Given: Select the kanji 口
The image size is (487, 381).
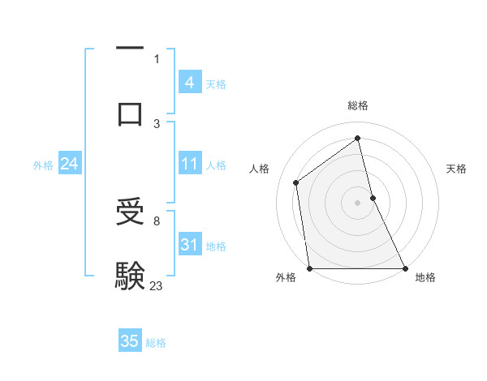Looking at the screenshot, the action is pyautogui.click(x=130, y=113).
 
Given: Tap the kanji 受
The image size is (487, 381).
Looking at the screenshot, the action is pyautogui.click(x=130, y=212).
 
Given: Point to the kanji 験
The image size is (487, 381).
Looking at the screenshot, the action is pyautogui.click(x=130, y=276).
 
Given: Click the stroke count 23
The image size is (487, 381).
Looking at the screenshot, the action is pyautogui.click(x=156, y=285).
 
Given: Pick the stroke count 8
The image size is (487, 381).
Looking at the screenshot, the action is pyautogui.click(x=157, y=220).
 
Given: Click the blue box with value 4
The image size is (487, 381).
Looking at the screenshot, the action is pyautogui.click(x=189, y=83).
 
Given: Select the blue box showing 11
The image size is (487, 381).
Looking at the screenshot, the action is pyautogui.click(x=189, y=165).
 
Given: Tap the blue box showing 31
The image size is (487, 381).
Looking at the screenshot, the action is pyautogui.click(x=189, y=245).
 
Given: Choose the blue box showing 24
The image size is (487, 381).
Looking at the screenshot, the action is pyautogui.click(x=69, y=165).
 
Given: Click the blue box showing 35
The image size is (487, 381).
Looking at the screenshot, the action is pyautogui.click(x=130, y=341).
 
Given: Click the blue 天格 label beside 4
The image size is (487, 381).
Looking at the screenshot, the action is pyautogui.click(x=216, y=84).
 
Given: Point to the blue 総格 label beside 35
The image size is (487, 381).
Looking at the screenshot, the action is pyautogui.click(x=156, y=343).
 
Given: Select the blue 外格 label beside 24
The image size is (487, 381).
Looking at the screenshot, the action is pyautogui.click(x=43, y=165).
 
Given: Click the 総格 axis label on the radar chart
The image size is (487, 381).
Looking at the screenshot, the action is pyautogui.click(x=358, y=105).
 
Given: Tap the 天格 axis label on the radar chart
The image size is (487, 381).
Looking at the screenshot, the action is pyautogui.click(x=457, y=169).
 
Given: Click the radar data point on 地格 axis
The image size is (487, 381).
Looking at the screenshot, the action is pyautogui.click(x=405, y=268).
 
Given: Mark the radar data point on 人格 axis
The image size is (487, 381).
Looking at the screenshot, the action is pyautogui.click(x=296, y=182).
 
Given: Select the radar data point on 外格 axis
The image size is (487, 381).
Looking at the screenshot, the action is pyautogui.click(x=310, y=268).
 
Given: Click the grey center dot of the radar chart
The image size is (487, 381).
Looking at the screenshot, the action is pyautogui.click(x=358, y=202).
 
